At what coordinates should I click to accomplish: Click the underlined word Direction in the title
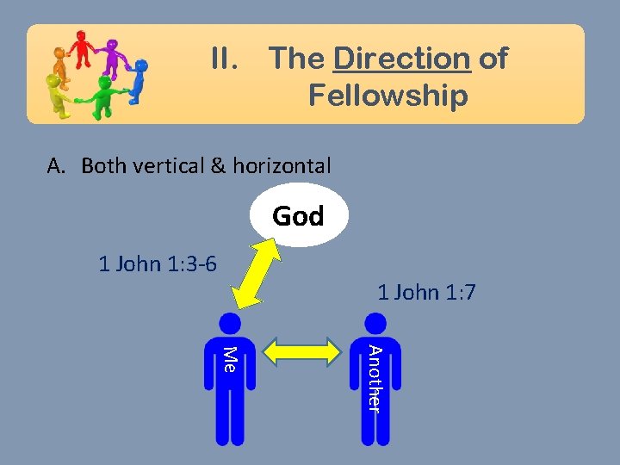401,59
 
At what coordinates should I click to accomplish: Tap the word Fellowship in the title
387,95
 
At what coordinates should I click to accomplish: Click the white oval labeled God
299,215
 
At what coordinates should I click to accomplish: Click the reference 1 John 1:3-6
158,263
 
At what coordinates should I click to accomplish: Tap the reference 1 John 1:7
426,293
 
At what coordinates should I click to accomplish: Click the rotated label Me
229,357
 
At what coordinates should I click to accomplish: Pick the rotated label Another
374,377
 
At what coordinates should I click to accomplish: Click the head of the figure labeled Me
230,323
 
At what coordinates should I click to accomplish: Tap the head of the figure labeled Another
375,323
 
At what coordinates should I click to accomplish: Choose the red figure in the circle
83,48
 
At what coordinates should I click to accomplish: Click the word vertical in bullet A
170,165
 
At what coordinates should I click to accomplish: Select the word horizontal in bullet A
282,165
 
